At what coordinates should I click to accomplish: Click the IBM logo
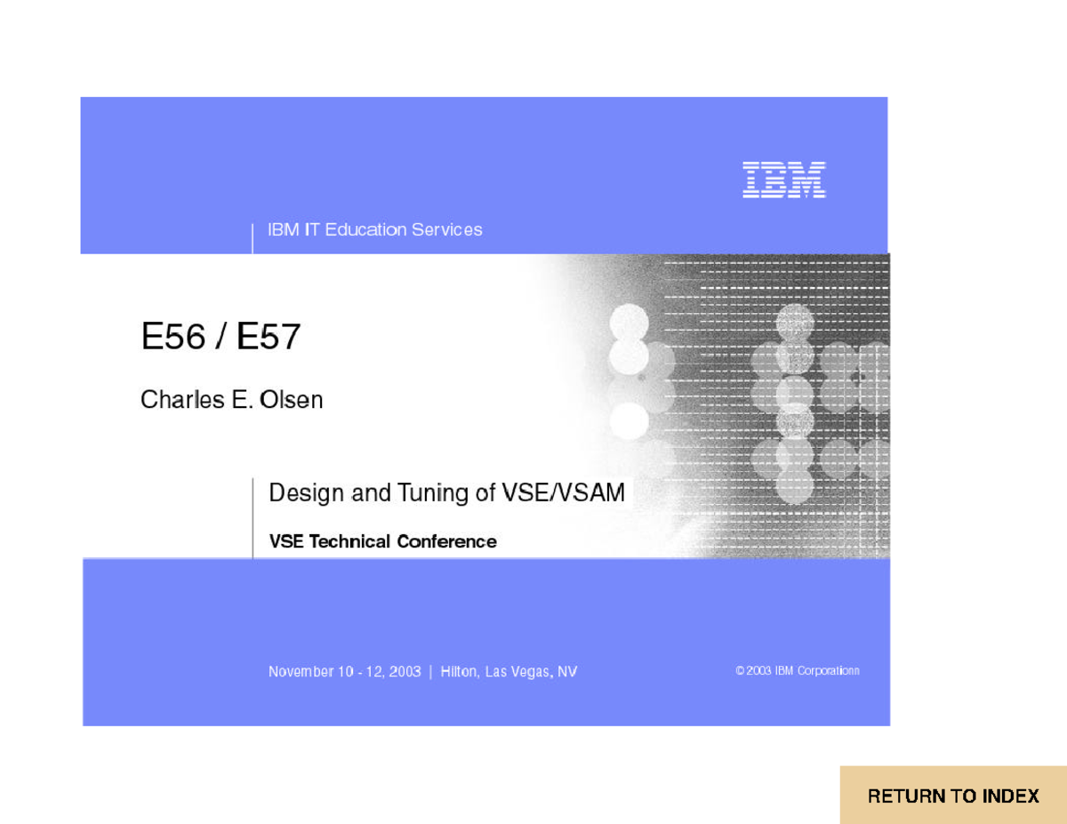[784, 180]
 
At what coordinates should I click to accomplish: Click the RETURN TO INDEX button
[953, 796]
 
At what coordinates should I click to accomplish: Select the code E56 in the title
[173, 338]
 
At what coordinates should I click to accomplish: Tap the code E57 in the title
[269, 338]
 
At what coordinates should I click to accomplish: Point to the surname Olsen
[291, 400]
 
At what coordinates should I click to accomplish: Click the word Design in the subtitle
[307, 492]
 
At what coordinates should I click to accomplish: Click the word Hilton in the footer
[460, 672]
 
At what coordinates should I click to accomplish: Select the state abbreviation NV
[567, 672]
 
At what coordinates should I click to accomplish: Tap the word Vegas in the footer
[532, 672]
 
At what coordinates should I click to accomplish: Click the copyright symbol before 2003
[740, 671]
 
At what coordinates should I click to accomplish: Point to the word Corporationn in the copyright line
[828, 671]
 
